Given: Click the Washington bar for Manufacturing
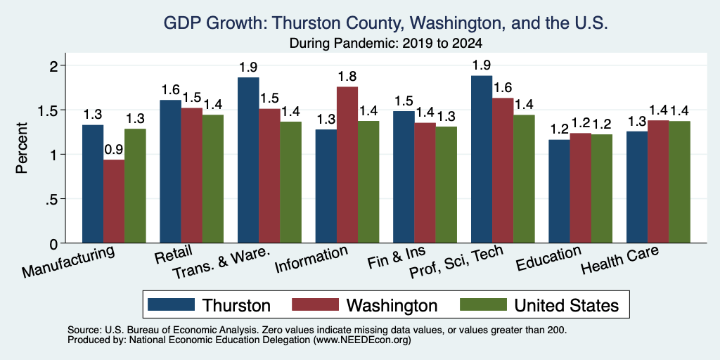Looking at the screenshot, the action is pyautogui.click(x=114, y=201).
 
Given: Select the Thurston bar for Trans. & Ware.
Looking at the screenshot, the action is pyautogui.click(x=248, y=160).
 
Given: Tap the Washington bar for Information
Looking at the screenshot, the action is pyautogui.click(x=347, y=165).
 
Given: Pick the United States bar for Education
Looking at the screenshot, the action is pyautogui.click(x=602, y=188).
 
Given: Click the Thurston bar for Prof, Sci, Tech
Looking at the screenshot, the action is pyautogui.click(x=482, y=160).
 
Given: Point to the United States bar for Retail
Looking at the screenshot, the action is pyautogui.click(x=213, y=179).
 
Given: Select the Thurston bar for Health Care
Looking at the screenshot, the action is pyautogui.click(x=637, y=187).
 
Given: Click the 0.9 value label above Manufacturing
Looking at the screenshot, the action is pyautogui.click(x=114, y=150).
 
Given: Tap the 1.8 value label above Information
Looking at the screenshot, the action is pyautogui.click(x=347, y=77).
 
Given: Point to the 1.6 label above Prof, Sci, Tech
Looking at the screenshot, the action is pyautogui.click(x=503, y=88).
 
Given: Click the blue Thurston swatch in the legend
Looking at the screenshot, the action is pyautogui.click(x=172, y=304).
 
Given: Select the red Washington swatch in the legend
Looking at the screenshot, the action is pyautogui.click(x=316, y=304).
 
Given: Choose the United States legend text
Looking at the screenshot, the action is pyautogui.click(x=567, y=305).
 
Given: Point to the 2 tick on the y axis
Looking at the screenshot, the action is pyautogui.click(x=55, y=65).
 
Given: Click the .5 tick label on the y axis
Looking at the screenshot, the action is pyautogui.click(x=53, y=199).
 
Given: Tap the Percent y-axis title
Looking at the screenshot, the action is pyautogui.click(x=22, y=148).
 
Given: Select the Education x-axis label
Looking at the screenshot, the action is pyautogui.click(x=548, y=258).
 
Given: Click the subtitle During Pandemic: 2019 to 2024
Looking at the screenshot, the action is pyautogui.click(x=386, y=44).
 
